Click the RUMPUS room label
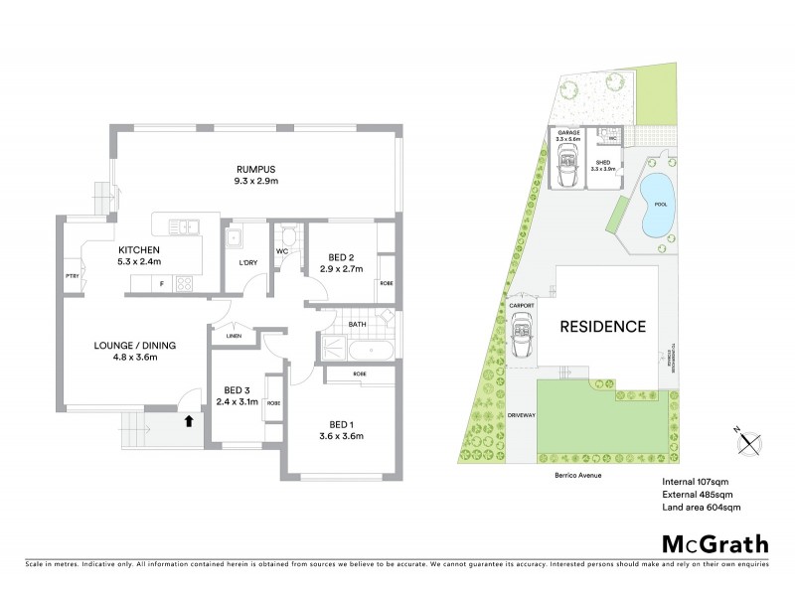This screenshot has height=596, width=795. tap(255, 169)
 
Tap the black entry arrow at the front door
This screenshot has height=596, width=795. tap(188, 420)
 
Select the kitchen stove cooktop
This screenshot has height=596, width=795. tap(184, 284)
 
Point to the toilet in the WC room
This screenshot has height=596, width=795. tap(287, 236)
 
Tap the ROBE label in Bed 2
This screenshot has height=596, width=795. tap(385, 284)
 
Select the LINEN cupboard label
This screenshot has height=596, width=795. tap(235, 336)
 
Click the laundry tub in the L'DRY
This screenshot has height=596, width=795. tap(235, 239)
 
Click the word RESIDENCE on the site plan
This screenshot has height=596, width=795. tap(602, 326)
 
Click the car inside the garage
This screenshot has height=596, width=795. tap(568, 174)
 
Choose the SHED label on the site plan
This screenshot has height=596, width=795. tap(602, 163)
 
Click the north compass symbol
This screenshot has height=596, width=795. tap(748, 442)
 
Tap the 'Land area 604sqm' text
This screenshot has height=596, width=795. tap(702, 507)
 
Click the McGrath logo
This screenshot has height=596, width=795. tap(715, 543)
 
